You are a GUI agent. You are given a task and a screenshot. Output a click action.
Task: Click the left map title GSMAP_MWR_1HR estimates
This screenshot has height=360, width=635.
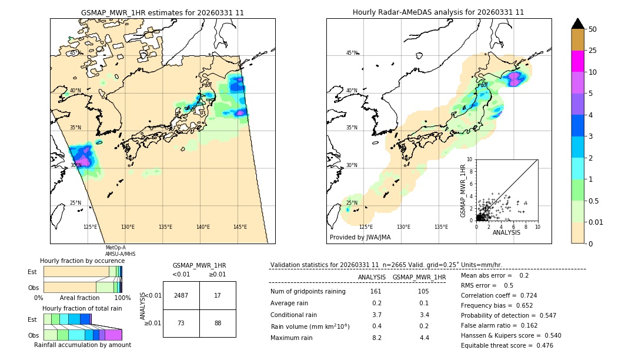(x=162, y=12)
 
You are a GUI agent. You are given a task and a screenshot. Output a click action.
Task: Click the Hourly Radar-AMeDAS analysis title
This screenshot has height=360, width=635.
(x=438, y=12)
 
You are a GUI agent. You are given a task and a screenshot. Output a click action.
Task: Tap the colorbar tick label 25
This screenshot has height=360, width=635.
(x=593, y=51)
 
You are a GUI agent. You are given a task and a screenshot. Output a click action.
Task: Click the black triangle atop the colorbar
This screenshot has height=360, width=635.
(x=578, y=24)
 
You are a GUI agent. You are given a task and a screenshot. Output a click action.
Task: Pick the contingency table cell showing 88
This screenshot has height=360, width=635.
(x=218, y=322)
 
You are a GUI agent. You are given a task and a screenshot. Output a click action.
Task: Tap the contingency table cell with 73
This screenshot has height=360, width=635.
(x=181, y=322)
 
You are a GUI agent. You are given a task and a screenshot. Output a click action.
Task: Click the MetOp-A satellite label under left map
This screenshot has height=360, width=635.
(x=115, y=248)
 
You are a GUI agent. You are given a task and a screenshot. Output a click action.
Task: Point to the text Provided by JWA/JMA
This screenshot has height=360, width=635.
(x=360, y=238)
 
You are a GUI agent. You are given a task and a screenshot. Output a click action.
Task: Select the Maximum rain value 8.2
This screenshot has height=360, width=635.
(x=376, y=338)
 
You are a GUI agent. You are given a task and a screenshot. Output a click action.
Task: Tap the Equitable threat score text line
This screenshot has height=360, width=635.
(x=507, y=345)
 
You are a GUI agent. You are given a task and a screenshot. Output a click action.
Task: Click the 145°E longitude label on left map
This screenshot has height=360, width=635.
(x=240, y=227)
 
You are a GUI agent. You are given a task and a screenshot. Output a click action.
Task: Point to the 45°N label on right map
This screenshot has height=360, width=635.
(x=352, y=53)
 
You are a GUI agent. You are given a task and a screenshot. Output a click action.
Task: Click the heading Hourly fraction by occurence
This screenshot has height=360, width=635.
(x=82, y=261)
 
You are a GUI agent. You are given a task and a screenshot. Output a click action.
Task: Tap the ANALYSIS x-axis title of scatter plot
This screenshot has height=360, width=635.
(x=506, y=233)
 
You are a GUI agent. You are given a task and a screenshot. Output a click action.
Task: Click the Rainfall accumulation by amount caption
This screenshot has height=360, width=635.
(x=82, y=345)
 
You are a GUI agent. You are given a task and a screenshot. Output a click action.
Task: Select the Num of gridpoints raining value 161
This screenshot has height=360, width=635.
(x=376, y=292)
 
